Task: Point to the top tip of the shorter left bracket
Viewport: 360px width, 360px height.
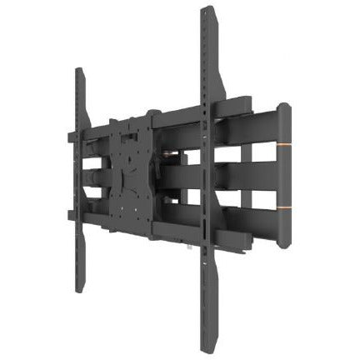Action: click(x=80, y=71)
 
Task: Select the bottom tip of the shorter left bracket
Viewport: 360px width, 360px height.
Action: click(x=81, y=290)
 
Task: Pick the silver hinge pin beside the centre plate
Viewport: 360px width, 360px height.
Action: click(x=172, y=154)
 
